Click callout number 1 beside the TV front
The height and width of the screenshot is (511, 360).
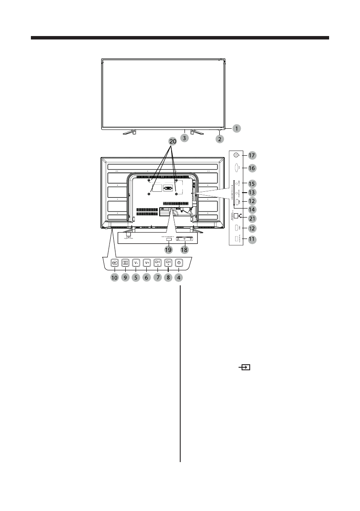(236, 128)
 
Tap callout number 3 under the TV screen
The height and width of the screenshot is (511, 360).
(184, 138)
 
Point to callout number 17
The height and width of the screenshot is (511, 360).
(252, 155)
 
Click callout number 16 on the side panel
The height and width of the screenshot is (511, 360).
(252, 169)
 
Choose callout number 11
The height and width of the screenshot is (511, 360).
(252, 241)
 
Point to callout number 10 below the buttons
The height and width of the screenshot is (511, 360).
(115, 278)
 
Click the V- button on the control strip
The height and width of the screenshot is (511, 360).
(136, 263)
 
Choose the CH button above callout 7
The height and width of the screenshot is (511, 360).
(157, 263)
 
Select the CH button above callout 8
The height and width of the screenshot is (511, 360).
(168, 263)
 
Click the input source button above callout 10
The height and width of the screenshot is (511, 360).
(115, 263)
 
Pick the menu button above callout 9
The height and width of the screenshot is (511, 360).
(126, 263)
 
